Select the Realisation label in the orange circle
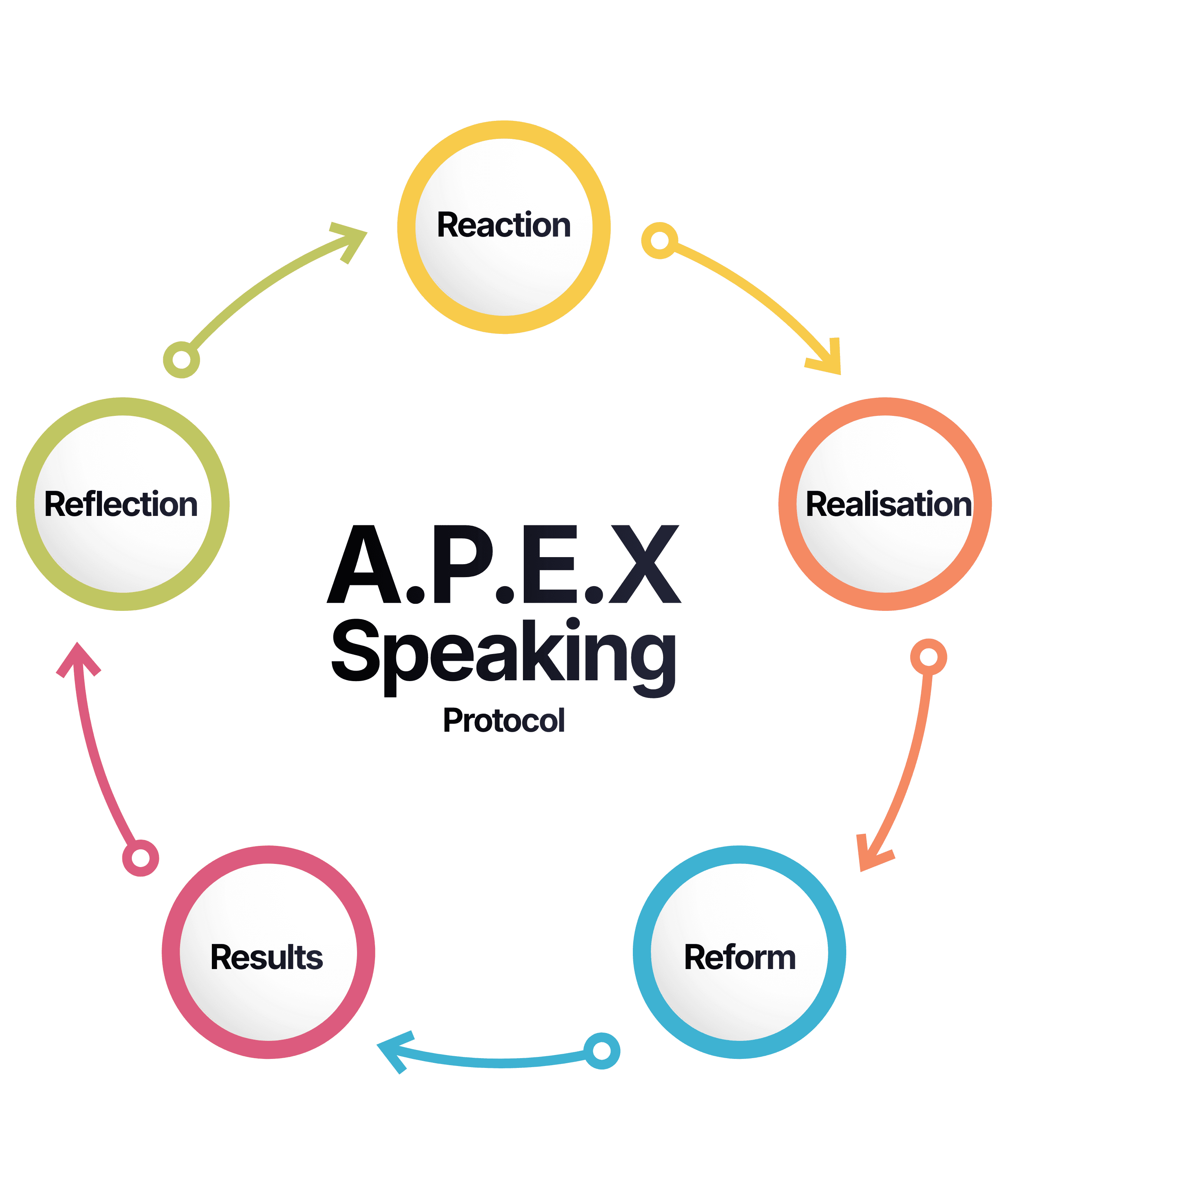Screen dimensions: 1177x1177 [x=888, y=505]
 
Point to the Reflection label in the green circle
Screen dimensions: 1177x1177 [x=121, y=505]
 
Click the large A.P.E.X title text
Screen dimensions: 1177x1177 [x=504, y=564]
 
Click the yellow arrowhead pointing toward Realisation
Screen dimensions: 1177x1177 [x=829, y=359]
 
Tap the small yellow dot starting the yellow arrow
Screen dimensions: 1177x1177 [x=659, y=241]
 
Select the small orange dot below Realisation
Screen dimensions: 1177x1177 [x=928, y=657]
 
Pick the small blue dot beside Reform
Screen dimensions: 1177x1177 [x=602, y=1051]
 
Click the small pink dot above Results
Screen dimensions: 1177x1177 [x=141, y=858]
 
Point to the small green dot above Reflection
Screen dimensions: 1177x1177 [x=182, y=359]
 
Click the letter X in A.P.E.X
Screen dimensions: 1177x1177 [x=645, y=564]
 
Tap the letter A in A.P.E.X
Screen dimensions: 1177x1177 [x=364, y=564]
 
